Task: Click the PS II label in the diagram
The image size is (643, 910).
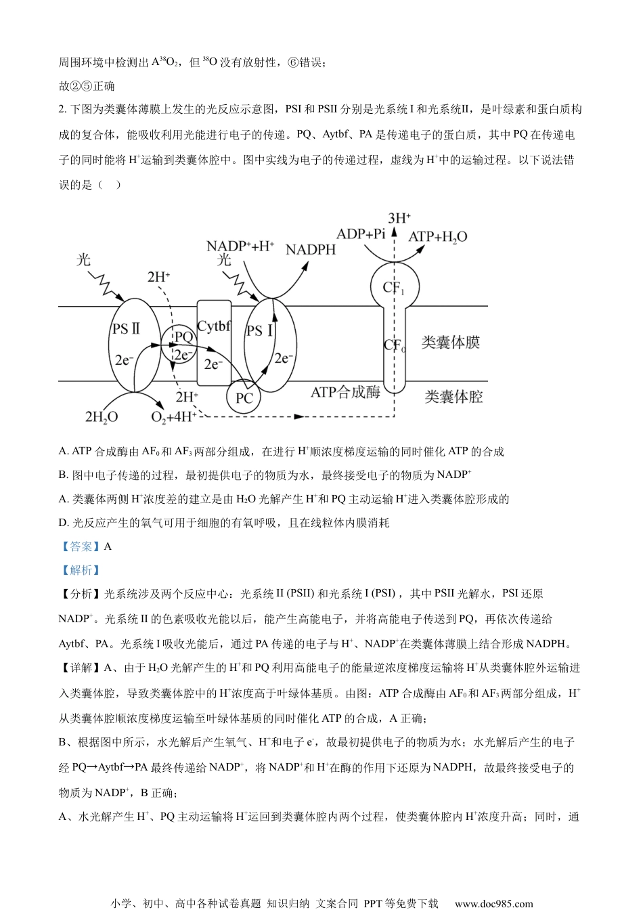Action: (126, 328)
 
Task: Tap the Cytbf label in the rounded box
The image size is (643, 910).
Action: (214, 326)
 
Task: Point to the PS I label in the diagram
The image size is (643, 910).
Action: (260, 330)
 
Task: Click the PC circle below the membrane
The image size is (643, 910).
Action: (244, 398)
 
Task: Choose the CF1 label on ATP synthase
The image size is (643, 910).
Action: (394, 288)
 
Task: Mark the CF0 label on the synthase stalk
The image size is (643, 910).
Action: (395, 345)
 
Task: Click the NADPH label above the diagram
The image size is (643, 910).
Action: (310, 250)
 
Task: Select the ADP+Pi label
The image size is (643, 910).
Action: (361, 234)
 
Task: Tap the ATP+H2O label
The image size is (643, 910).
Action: (438, 237)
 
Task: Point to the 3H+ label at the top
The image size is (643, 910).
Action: (399, 218)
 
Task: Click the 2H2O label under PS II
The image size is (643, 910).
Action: (101, 417)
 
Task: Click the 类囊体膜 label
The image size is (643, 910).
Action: (450, 343)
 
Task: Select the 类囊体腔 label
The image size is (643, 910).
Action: (453, 397)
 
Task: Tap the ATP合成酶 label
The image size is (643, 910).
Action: (346, 392)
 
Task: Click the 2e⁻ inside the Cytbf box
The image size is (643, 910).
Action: (213, 364)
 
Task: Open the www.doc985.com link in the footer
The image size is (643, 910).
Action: (493, 903)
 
